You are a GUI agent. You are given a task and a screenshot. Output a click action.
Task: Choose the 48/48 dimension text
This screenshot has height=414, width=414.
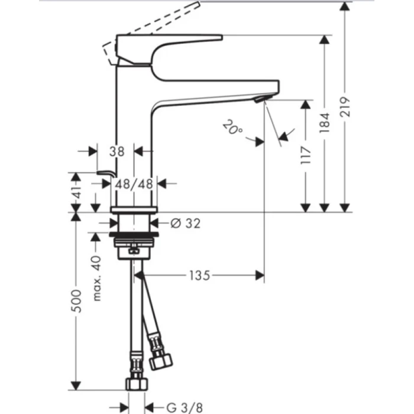[x=134, y=184]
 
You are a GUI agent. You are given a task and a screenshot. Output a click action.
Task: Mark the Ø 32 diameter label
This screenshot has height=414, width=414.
[x=185, y=223]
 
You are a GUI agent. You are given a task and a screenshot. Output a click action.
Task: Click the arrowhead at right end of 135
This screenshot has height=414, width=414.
[x=259, y=275]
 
